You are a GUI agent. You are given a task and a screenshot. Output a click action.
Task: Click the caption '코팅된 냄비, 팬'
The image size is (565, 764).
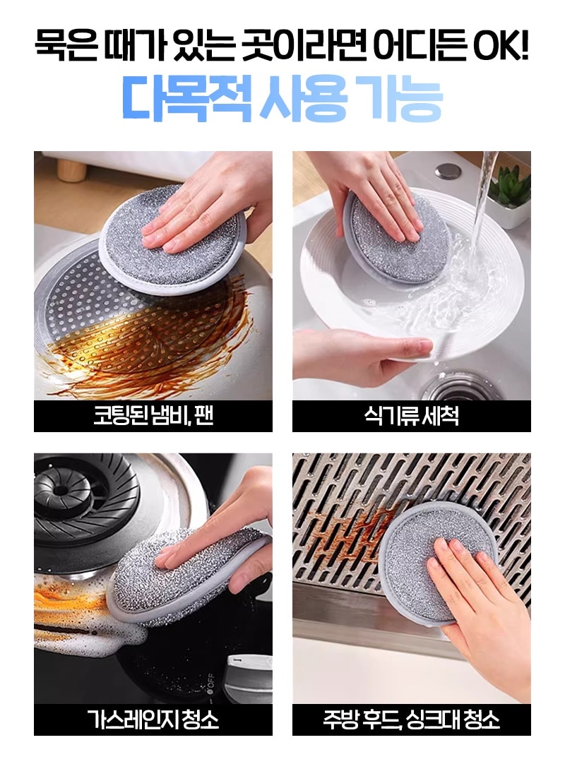[x=153, y=416]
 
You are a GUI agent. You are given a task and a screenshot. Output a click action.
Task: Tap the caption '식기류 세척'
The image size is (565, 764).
[x=412, y=416]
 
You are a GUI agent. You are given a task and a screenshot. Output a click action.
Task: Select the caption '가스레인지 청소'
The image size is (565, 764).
[x=153, y=720]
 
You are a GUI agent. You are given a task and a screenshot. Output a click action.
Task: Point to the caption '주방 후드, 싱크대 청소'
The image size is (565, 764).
[x=412, y=720]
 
